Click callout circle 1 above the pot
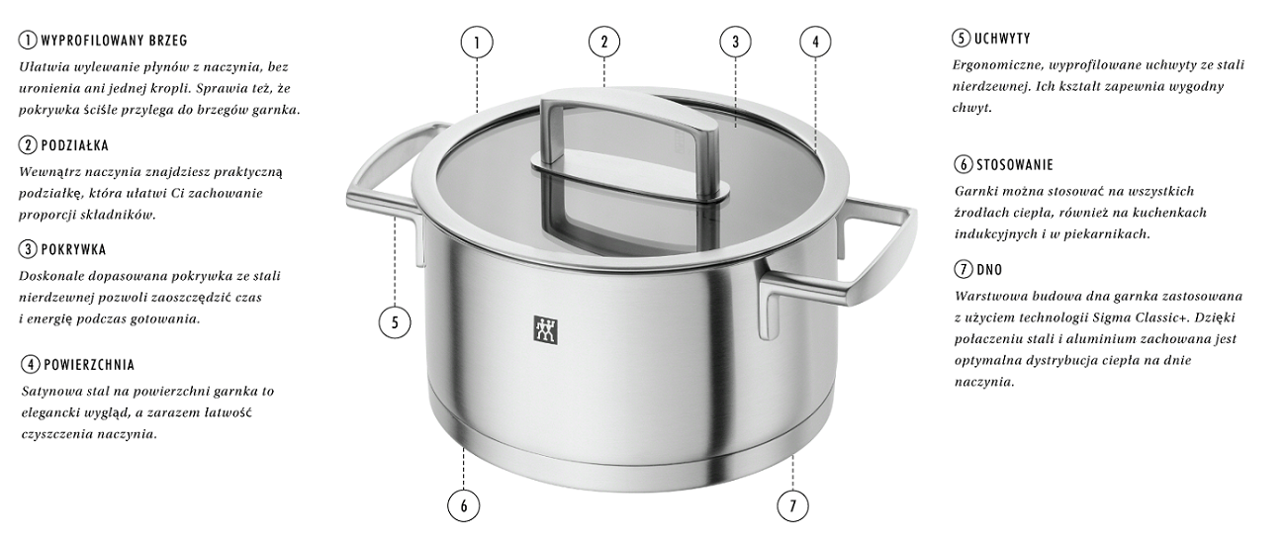click(x=477, y=42)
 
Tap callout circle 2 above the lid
click(x=604, y=42)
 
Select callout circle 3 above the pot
click(x=735, y=42)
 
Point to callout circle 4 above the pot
click(x=815, y=42)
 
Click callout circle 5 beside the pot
click(x=395, y=322)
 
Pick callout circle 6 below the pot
click(x=463, y=506)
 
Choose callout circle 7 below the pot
click(x=792, y=506)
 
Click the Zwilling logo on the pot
click(x=546, y=330)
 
